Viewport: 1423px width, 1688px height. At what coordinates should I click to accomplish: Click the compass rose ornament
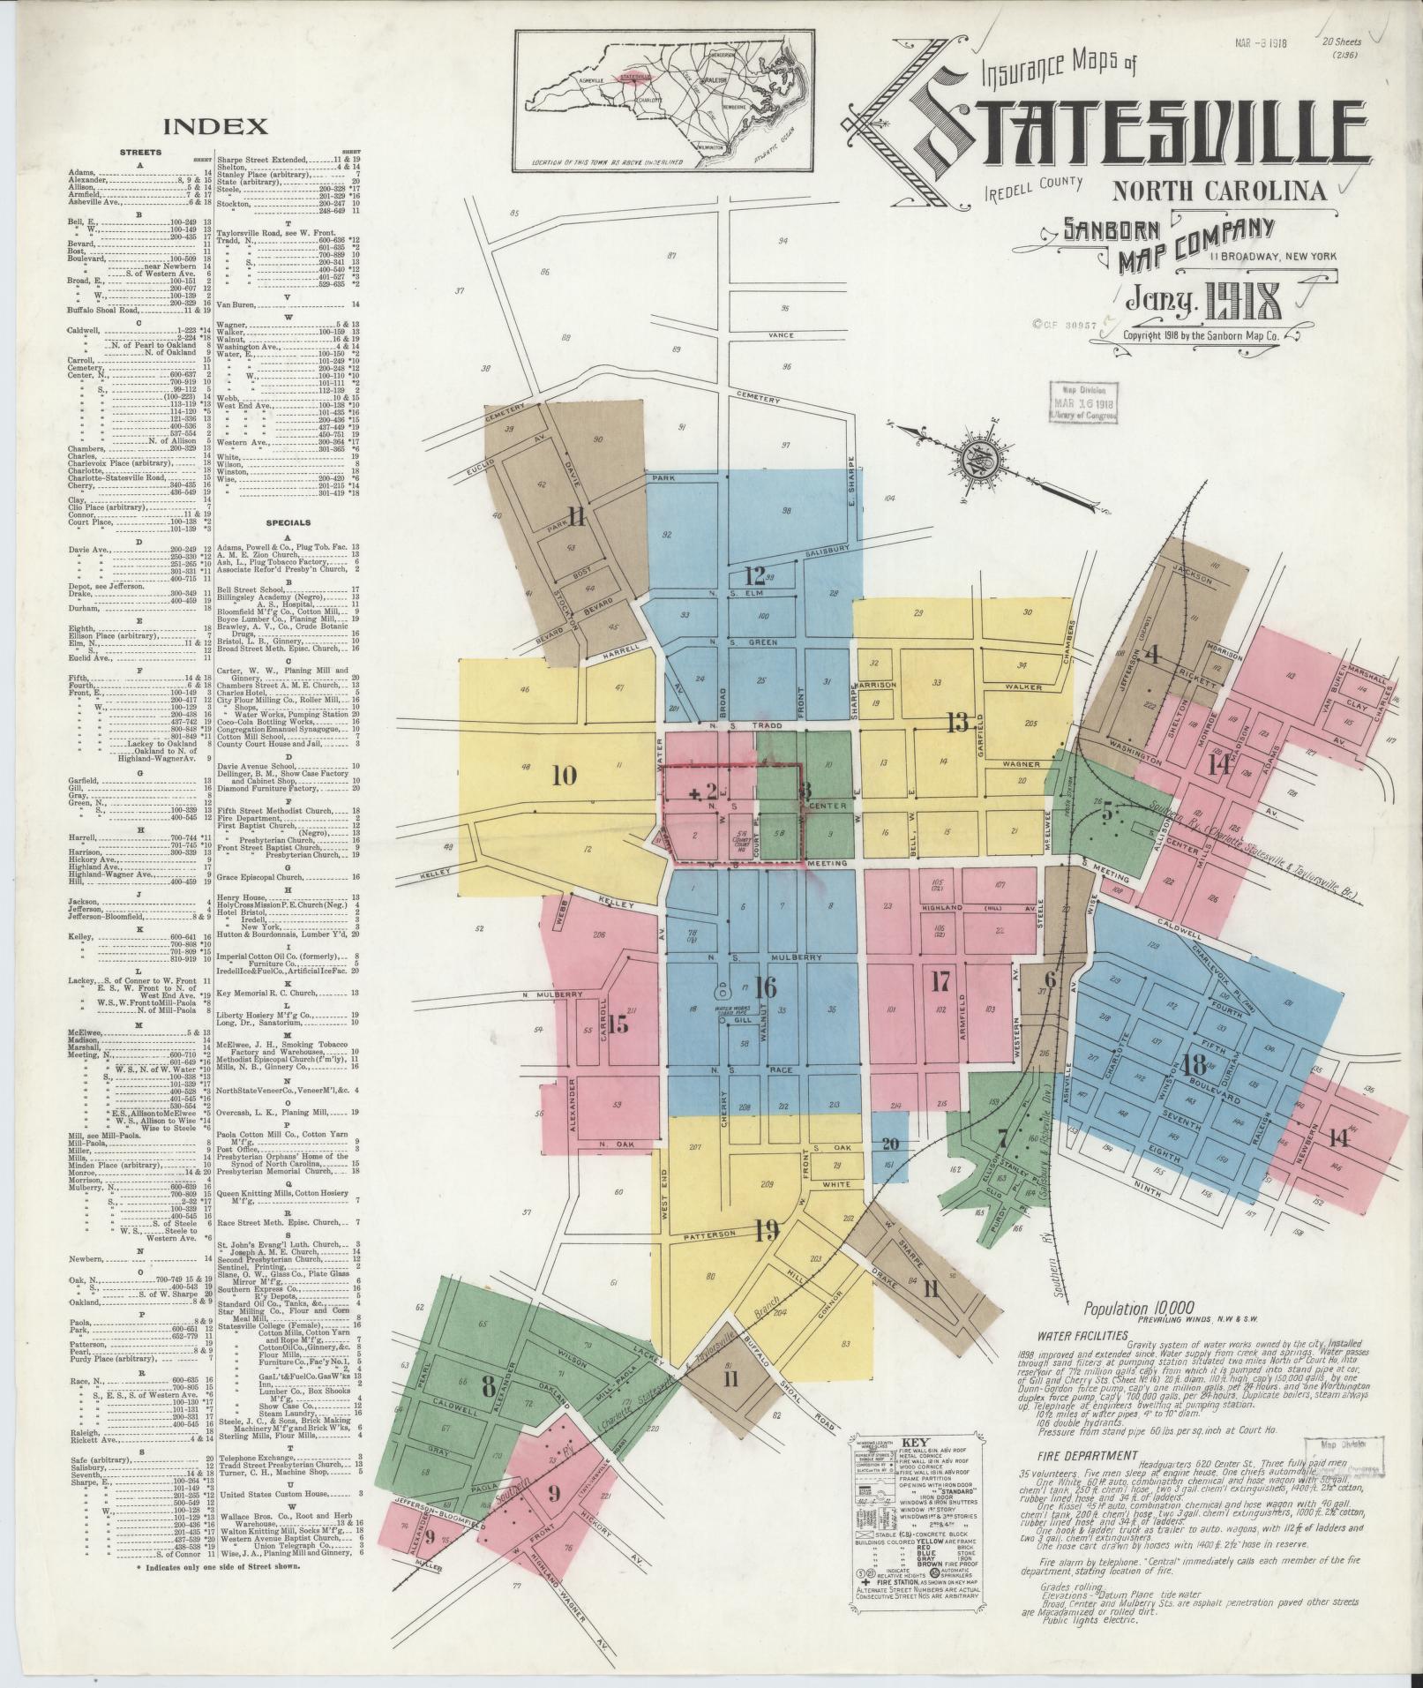[977, 461]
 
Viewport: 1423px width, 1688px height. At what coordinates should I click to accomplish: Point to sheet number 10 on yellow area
[564, 776]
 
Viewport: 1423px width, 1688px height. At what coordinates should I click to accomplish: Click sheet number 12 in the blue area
[754, 576]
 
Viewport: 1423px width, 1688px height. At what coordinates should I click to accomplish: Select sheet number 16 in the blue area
[765, 987]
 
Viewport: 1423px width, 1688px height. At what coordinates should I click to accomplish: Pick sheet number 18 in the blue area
[1195, 1063]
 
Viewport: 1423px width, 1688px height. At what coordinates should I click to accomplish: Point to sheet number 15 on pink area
[617, 1024]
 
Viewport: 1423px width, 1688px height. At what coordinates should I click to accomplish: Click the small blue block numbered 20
[889, 1144]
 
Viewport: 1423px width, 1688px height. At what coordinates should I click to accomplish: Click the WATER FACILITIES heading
[1082, 1336]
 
